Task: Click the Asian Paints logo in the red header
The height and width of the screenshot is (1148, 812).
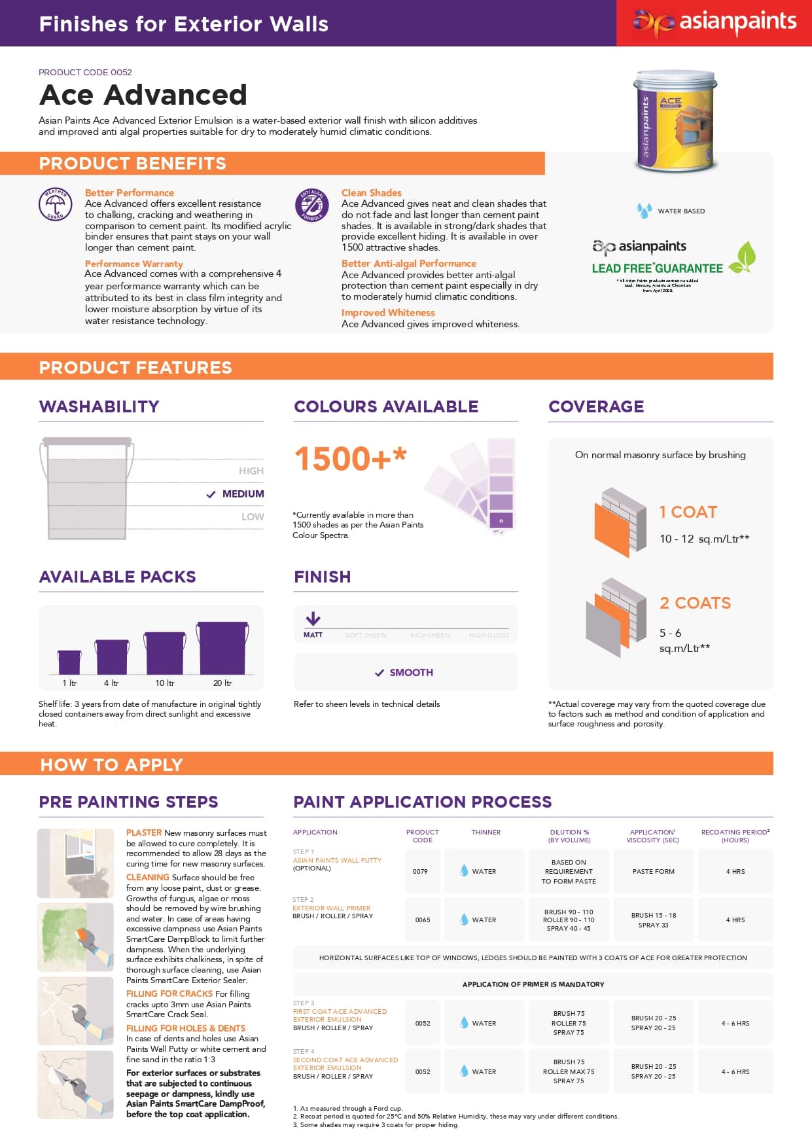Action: tap(714, 23)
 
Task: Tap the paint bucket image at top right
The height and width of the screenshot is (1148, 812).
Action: tap(675, 121)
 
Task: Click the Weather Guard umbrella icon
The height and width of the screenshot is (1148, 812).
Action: tap(55, 205)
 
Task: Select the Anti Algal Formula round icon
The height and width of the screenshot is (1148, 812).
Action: tap(311, 205)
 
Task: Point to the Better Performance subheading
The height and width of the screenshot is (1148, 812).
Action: tap(129, 192)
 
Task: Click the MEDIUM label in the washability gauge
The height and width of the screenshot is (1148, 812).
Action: tap(243, 493)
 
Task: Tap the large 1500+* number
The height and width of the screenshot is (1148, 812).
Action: tap(350, 458)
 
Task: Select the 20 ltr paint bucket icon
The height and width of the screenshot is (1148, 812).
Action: tap(222, 647)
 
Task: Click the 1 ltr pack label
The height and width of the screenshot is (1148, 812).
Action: tap(69, 683)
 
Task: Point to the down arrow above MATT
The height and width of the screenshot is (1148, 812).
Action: tap(313, 618)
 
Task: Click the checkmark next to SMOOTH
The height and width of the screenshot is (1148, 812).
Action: tap(379, 673)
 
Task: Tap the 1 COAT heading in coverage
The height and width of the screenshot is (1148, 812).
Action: tap(688, 512)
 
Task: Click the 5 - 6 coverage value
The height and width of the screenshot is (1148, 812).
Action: tap(670, 633)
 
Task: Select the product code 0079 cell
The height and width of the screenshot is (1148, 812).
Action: tap(420, 871)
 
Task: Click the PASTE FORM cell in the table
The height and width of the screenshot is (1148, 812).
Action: tap(653, 871)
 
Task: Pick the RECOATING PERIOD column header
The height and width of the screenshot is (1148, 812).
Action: tap(735, 836)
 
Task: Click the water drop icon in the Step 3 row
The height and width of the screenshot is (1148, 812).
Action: tap(464, 1023)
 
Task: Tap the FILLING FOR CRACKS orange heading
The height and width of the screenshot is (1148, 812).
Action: tap(169, 994)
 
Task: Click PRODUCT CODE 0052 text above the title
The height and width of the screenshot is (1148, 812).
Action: tap(85, 72)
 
